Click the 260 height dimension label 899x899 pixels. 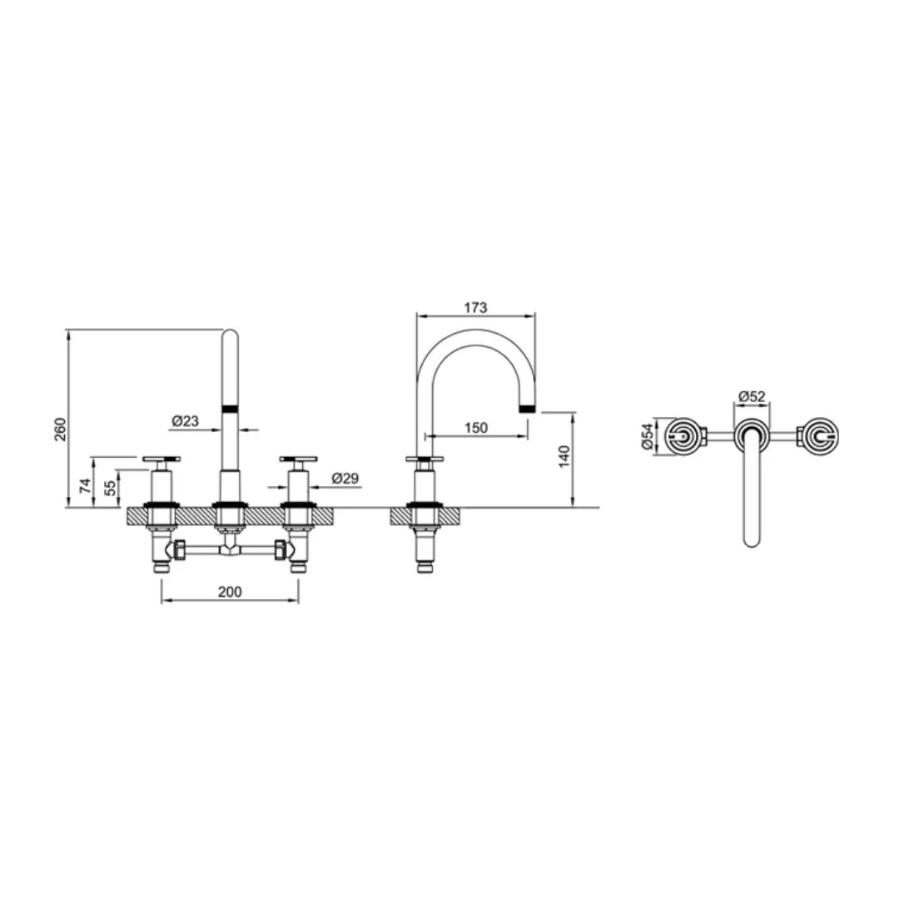[60, 430]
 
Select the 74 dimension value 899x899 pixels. [85, 486]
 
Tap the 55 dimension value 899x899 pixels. [110, 488]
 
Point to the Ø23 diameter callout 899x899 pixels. [185, 421]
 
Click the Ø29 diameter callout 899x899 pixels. [345, 478]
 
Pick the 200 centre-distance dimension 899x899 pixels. [230, 591]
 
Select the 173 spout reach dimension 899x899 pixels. [475, 307]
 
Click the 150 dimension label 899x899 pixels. [476, 428]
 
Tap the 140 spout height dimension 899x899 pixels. [564, 456]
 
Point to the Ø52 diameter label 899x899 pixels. [752, 396]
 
